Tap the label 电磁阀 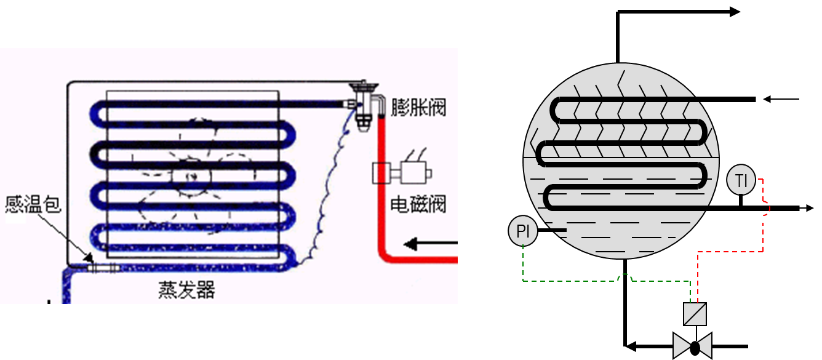click(x=418, y=204)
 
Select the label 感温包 click(x=33, y=204)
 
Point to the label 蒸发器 click(x=186, y=290)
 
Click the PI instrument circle click(x=523, y=232)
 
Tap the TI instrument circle click(x=741, y=181)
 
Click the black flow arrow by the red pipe click(x=431, y=246)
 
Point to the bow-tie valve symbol click(x=693, y=346)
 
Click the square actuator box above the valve click(x=695, y=314)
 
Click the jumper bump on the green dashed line click(x=626, y=278)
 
